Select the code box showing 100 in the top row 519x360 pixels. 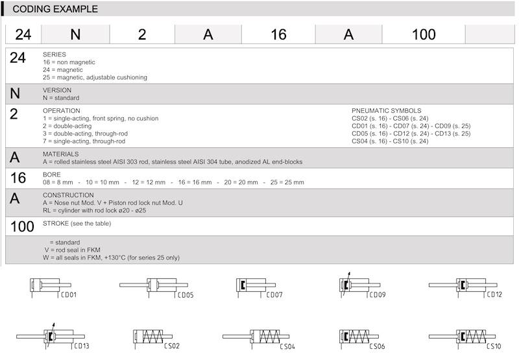(x=424, y=34)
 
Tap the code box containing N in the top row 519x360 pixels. (x=75, y=34)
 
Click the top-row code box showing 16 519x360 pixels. (x=278, y=34)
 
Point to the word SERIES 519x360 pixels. (x=54, y=54)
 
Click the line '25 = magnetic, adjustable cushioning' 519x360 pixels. (x=95, y=77)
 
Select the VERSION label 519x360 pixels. (x=57, y=90)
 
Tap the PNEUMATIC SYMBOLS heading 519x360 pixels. (x=386, y=111)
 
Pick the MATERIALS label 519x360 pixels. (x=61, y=154)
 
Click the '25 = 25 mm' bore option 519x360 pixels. (x=287, y=182)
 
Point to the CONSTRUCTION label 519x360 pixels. (x=68, y=195)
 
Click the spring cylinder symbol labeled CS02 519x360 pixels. (x=152, y=337)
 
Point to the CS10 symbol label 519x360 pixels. (x=493, y=346)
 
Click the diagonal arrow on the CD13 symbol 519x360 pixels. (x=53, y=326)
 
